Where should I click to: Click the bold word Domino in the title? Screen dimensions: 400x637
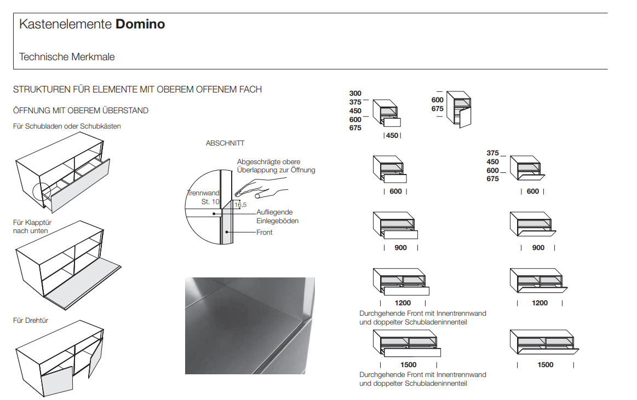tap(140, 24)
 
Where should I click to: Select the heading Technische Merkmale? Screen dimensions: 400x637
tap(67, 57)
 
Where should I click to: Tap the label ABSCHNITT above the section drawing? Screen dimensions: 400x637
tap(225, 143)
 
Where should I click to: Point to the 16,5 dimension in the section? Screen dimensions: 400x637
tap(240, 205)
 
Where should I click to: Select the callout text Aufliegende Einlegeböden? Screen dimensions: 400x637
tap(277, 216)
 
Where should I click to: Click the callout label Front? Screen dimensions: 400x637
tap(264, 233)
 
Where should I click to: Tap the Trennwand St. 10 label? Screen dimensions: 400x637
tap(203, 198)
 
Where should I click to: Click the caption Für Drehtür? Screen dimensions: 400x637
tap(31, 320)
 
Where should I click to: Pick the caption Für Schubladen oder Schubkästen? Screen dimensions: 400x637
tap(67, 126)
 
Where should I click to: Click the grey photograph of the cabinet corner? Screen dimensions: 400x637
tap(250, 326)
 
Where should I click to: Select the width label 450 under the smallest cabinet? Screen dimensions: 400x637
tap(392, 136)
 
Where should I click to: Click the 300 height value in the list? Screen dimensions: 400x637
tap(355, 94)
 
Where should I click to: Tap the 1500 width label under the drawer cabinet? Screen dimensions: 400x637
tap(408, 364)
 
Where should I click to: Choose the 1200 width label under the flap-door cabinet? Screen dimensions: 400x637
tap(540, 303)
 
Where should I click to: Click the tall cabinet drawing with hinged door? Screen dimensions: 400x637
tap(459, 109)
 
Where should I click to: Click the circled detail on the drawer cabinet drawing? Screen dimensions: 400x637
tap(42, 193)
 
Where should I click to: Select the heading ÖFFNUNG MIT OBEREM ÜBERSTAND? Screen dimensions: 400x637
tap(81, 111)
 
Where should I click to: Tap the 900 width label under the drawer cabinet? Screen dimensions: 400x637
tap(400, 248)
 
